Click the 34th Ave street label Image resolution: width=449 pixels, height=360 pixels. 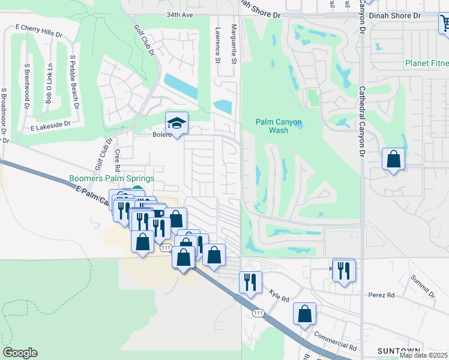pyautogui.click(x=180, y=14)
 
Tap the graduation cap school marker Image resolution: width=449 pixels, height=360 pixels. pyautogui.click(x=177, y=123)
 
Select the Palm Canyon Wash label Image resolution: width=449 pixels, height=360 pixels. pyautogui.click(x=279, y=126)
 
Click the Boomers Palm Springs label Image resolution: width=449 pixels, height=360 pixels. pyautogui.click(x=112, y=179)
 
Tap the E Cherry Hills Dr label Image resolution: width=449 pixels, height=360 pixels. pyautogui.click(x=38, y=31)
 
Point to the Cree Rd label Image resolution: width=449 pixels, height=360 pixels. pyautogui.click(x=118, y=160)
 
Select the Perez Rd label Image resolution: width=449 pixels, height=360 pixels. pyautogui.click(x=382, y=295)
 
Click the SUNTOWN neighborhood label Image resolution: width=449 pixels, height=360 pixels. pyautogui.click(x=397, y=350)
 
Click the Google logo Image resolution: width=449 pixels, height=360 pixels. pyautogui.click(x=20, y=353)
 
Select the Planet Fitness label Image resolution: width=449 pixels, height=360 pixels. pyautogui.click(x=426, y=62)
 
